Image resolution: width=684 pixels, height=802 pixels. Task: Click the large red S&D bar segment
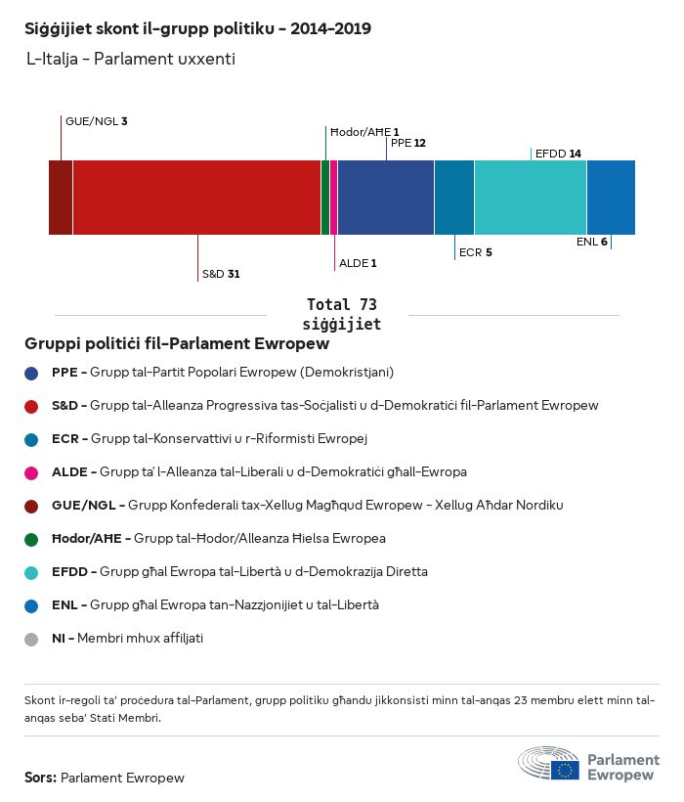[196, 198]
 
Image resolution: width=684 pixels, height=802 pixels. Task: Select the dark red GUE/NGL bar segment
[61, 198]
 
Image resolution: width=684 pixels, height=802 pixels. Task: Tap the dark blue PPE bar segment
[385, 198]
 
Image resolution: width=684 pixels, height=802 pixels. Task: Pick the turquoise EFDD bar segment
[530, 198]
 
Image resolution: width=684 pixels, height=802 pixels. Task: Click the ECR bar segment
[453, 198]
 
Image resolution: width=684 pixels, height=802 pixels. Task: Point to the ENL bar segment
[611, 198]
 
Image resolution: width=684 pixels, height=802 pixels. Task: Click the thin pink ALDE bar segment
[333, 198]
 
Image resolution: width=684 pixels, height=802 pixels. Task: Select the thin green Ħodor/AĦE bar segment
[325, 198]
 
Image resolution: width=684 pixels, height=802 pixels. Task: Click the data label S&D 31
[221, 275]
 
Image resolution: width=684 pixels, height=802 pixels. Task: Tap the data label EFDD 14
[558, 154]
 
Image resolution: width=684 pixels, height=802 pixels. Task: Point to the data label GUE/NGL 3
[96, 121]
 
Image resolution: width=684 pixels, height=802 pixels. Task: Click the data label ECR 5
[475, 252]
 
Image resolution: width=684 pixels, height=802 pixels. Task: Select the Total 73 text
[342, 305]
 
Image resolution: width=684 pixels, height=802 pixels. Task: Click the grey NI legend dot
[32, 639]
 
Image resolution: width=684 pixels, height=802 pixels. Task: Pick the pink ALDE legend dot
[32, 472]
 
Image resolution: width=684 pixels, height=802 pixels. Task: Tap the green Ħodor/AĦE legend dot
[32, 539]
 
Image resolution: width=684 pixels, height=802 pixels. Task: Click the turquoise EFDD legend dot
[32, 572]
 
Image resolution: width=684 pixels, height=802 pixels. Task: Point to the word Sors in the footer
[40, 779]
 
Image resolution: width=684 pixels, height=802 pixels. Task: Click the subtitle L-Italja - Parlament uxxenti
[131, 60]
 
